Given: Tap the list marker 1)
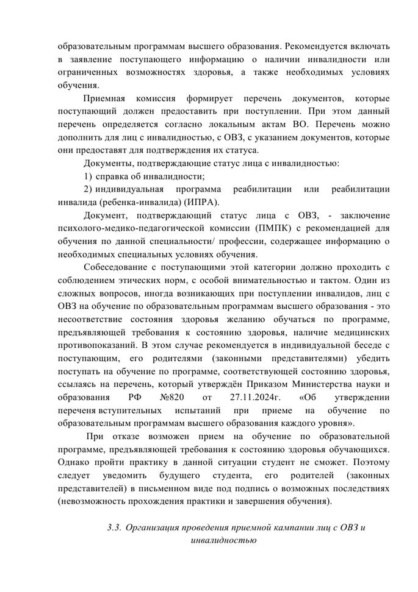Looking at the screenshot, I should pyautogui.click(x=88, y=176).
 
